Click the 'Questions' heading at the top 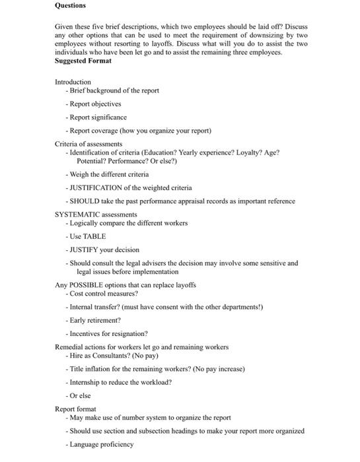[x=70, y=5]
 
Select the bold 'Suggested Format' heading [x=83, y=61]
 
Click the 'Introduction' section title [x=73, y=82]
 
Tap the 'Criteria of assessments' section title [x=89, y=144]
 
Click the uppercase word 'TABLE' [x=94, y=236]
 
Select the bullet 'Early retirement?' [x=95, y=320]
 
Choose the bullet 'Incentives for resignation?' [x=108, y=333]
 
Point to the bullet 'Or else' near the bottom [x=80, y=395]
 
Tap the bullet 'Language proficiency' [x=101, y=444]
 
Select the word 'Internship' [x=85, y=382]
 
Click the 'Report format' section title [x=75, y=409]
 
